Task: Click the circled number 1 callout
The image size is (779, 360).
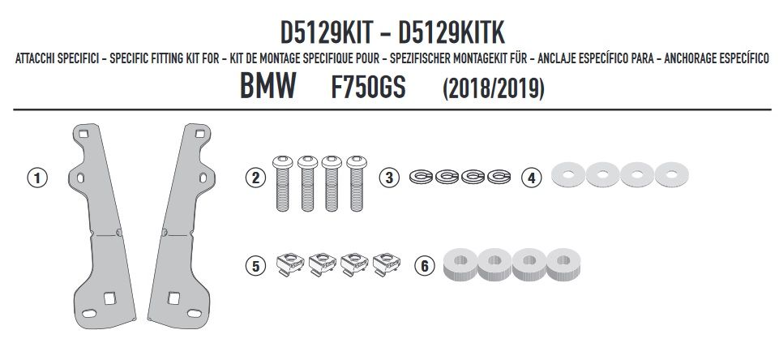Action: click(x=36, y=178)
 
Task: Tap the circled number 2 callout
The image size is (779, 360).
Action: click(x=255, y=178)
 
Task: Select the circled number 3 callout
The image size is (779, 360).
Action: click(x=389, y=178)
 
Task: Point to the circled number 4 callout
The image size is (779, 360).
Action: click(x=532, y=178)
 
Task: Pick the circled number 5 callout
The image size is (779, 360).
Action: click(x=255, y=266)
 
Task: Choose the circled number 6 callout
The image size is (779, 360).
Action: click(x=425, y=266)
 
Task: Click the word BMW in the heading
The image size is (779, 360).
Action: click(x=268, y=85)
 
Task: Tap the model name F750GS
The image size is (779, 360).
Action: click(x=368, y=87)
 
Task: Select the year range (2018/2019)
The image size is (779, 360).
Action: click(x=494, y=88)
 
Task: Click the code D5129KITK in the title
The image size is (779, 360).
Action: click(x=452, y=32)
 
